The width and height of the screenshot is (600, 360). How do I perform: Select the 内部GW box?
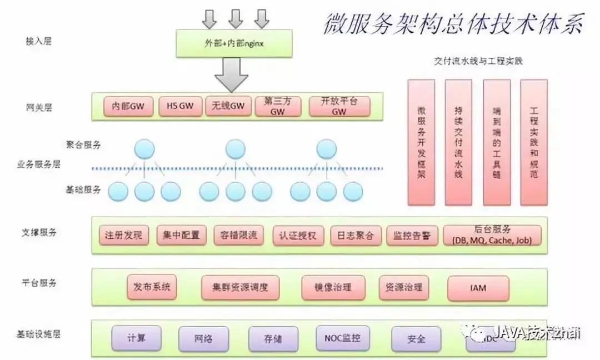coord(128,106)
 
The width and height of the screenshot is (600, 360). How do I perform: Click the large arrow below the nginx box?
coord(231,75)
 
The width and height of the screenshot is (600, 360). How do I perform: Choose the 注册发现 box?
coord(123,235)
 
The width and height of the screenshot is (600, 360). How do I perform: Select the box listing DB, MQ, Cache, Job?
coord(492,235)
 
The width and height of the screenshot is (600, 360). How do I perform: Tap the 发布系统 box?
coord(152,287)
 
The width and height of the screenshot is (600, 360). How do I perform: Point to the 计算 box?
coord(137,338)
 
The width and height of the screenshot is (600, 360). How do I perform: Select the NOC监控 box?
coord(342,337)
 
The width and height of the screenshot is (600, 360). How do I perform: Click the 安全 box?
coord(416,338)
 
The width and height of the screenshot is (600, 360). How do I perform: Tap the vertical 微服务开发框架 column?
coord(422,142)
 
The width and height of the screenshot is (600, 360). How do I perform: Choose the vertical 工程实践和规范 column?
coord(534,142)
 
